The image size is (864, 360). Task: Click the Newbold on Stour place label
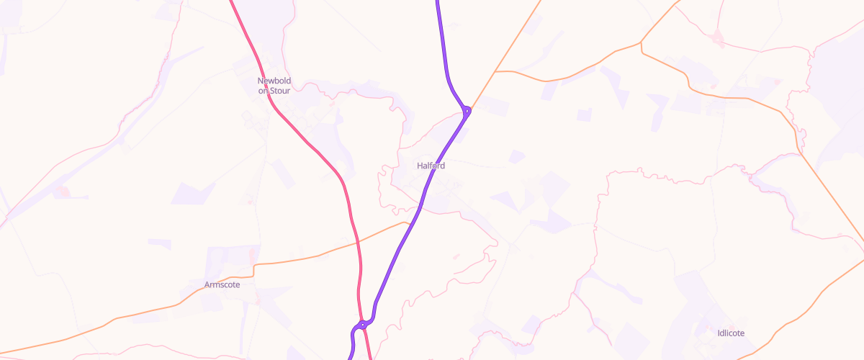(274, 86)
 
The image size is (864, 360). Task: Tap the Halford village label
(431, 166)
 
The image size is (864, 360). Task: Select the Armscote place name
(222, 284)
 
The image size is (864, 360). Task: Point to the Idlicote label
(731, 333)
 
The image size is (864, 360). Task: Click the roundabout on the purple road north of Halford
(467, 110)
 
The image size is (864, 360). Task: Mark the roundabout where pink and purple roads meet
(363, 325)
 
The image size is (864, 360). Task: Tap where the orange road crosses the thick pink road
(358, 243)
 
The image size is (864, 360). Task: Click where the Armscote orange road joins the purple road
(409, 224)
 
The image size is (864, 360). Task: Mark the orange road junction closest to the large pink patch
(642, 43)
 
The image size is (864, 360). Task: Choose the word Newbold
(274, 81)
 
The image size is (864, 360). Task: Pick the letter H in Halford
(420, 166)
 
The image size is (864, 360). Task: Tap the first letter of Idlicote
(719, 333)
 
